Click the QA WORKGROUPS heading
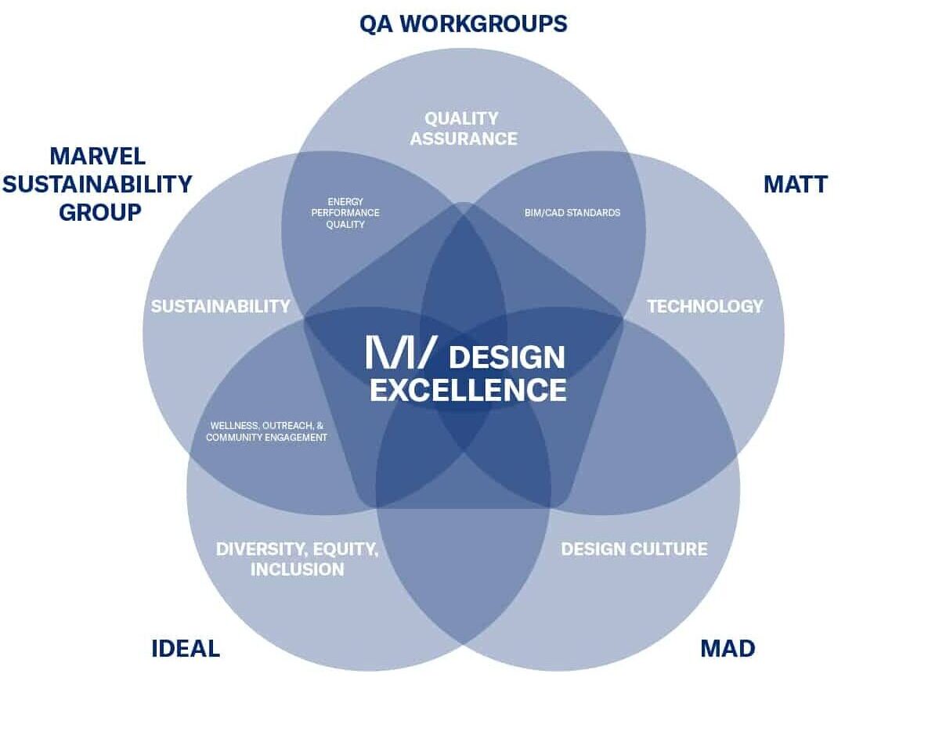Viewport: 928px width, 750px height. tap(463, 23)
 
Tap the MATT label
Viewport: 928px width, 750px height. tap(795, 184)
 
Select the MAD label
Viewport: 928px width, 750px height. tap(727, 648)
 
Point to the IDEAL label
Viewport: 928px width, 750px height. tap(186, 648)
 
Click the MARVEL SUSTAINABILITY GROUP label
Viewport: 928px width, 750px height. tap(98, 184)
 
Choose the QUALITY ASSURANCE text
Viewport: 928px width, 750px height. tap(464, 128)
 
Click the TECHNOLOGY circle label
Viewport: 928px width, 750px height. tap(704, 306)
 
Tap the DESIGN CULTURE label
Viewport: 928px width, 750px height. tap(634, 549)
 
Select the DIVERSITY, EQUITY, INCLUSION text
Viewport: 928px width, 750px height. tap(297, 559)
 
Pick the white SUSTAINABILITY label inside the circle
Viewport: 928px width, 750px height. tap(220, 306)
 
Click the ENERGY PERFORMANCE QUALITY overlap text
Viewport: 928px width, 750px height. tap(345, 213)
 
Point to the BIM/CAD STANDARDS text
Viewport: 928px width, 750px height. tap(572, 213)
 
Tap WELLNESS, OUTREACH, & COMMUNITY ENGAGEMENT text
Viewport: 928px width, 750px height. tap(266, 432)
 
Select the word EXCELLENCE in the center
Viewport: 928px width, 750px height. tap(468, 390)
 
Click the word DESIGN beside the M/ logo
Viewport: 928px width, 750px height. tap(507, 358)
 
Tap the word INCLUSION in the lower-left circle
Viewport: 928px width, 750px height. tap(297, 569)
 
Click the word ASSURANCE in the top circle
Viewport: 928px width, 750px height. tap(464, 139)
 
